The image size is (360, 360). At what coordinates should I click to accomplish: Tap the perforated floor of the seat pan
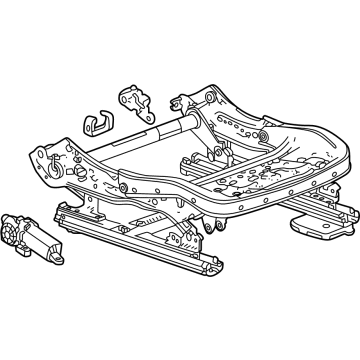point(270,170)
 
